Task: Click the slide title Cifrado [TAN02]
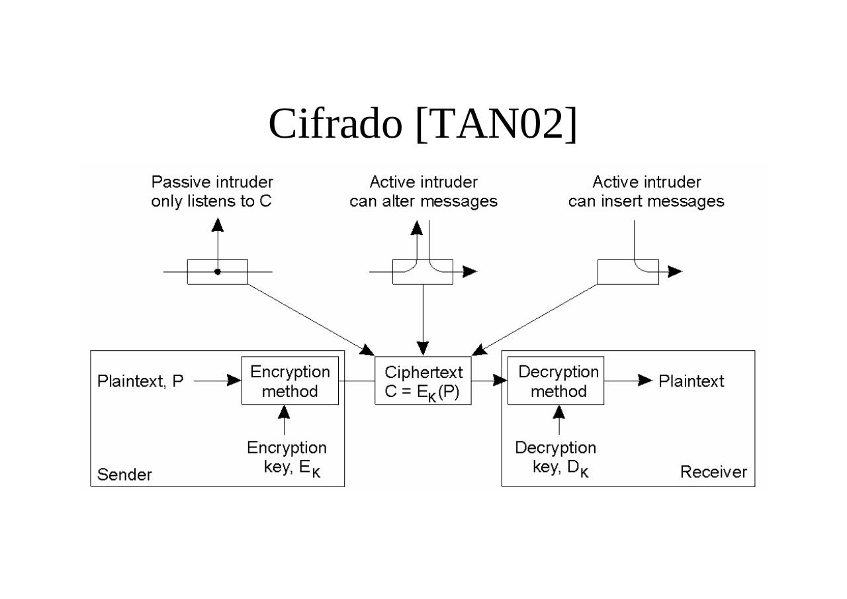423,123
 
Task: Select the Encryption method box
290,381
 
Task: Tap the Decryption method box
556,381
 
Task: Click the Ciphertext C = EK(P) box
423,382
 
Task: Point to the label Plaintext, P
140,381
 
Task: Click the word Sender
124,475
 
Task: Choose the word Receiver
713,472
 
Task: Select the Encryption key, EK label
287,458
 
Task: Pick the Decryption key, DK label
556,458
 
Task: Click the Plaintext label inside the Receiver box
691,381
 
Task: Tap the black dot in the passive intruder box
218,271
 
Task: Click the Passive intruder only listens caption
212,191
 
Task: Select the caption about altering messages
423,191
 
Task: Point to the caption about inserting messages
646,191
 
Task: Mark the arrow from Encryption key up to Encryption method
284,420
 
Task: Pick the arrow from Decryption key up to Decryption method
559,420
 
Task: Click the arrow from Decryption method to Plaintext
629,380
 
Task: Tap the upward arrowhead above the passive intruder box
218,225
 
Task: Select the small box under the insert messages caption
628,271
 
